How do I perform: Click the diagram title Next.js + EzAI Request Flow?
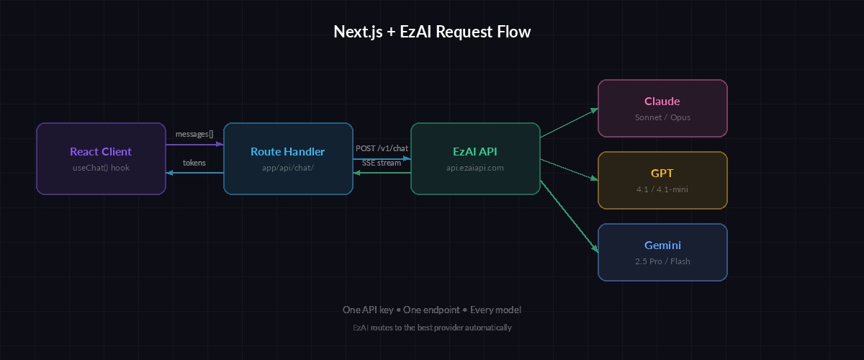432,32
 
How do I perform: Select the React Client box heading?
101,152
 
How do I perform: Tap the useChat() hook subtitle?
101,168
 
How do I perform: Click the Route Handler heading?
288,152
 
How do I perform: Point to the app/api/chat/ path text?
288,168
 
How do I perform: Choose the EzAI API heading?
475,152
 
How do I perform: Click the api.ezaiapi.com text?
475,168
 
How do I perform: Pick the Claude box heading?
662,102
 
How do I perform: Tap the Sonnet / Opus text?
662,117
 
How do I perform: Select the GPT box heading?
662,174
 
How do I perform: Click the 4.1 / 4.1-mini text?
662,189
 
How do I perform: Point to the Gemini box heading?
662,246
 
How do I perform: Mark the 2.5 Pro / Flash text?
662,261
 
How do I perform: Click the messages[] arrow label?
194,135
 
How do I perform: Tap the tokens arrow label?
194,163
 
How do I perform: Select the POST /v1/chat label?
382,148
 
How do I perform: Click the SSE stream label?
382,163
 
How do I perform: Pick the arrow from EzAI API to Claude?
569,123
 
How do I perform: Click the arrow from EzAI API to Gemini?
569,216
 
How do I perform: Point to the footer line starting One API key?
432,310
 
